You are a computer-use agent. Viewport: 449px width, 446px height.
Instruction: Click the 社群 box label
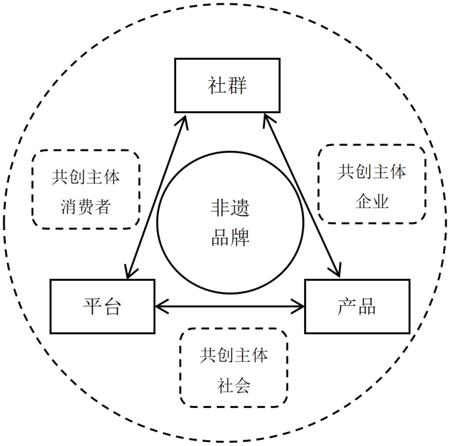[227, 85]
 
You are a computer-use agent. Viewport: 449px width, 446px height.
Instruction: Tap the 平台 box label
[102, 306]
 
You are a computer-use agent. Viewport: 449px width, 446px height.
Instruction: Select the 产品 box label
[357, 306]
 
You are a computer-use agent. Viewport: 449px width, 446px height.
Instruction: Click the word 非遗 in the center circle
[230, 208]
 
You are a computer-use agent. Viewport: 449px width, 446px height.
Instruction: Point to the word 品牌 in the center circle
[230, 237]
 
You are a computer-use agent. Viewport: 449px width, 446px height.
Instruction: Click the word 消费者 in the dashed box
[86, 207]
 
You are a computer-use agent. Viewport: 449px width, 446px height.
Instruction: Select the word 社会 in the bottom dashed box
[233, 385]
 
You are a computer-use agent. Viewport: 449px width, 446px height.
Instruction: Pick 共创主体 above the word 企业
[372, 172]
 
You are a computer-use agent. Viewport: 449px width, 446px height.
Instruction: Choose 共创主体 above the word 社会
[233, 355]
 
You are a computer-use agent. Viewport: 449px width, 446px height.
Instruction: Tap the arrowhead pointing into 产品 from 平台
[300, 306]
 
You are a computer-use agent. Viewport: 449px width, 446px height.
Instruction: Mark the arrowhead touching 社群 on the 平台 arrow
[184, 121]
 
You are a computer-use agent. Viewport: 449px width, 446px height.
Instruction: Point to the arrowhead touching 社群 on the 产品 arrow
[268, 121]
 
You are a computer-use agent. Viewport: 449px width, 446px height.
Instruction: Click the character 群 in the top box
[237, 85]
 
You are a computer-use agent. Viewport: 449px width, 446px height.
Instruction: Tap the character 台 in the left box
[112, 306]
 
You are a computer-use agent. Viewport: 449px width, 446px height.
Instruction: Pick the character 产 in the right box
[346, 306]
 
